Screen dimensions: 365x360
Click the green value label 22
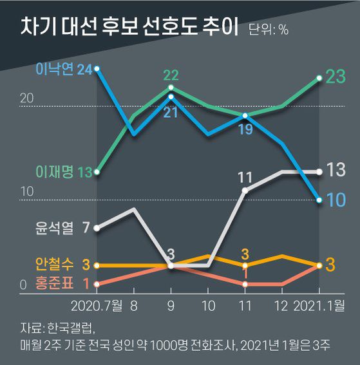click(171, 75)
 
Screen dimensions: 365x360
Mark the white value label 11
click(244, 176)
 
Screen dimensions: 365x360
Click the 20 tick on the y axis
click(26, 98)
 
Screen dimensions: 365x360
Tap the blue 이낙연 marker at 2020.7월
click(97, 68)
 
